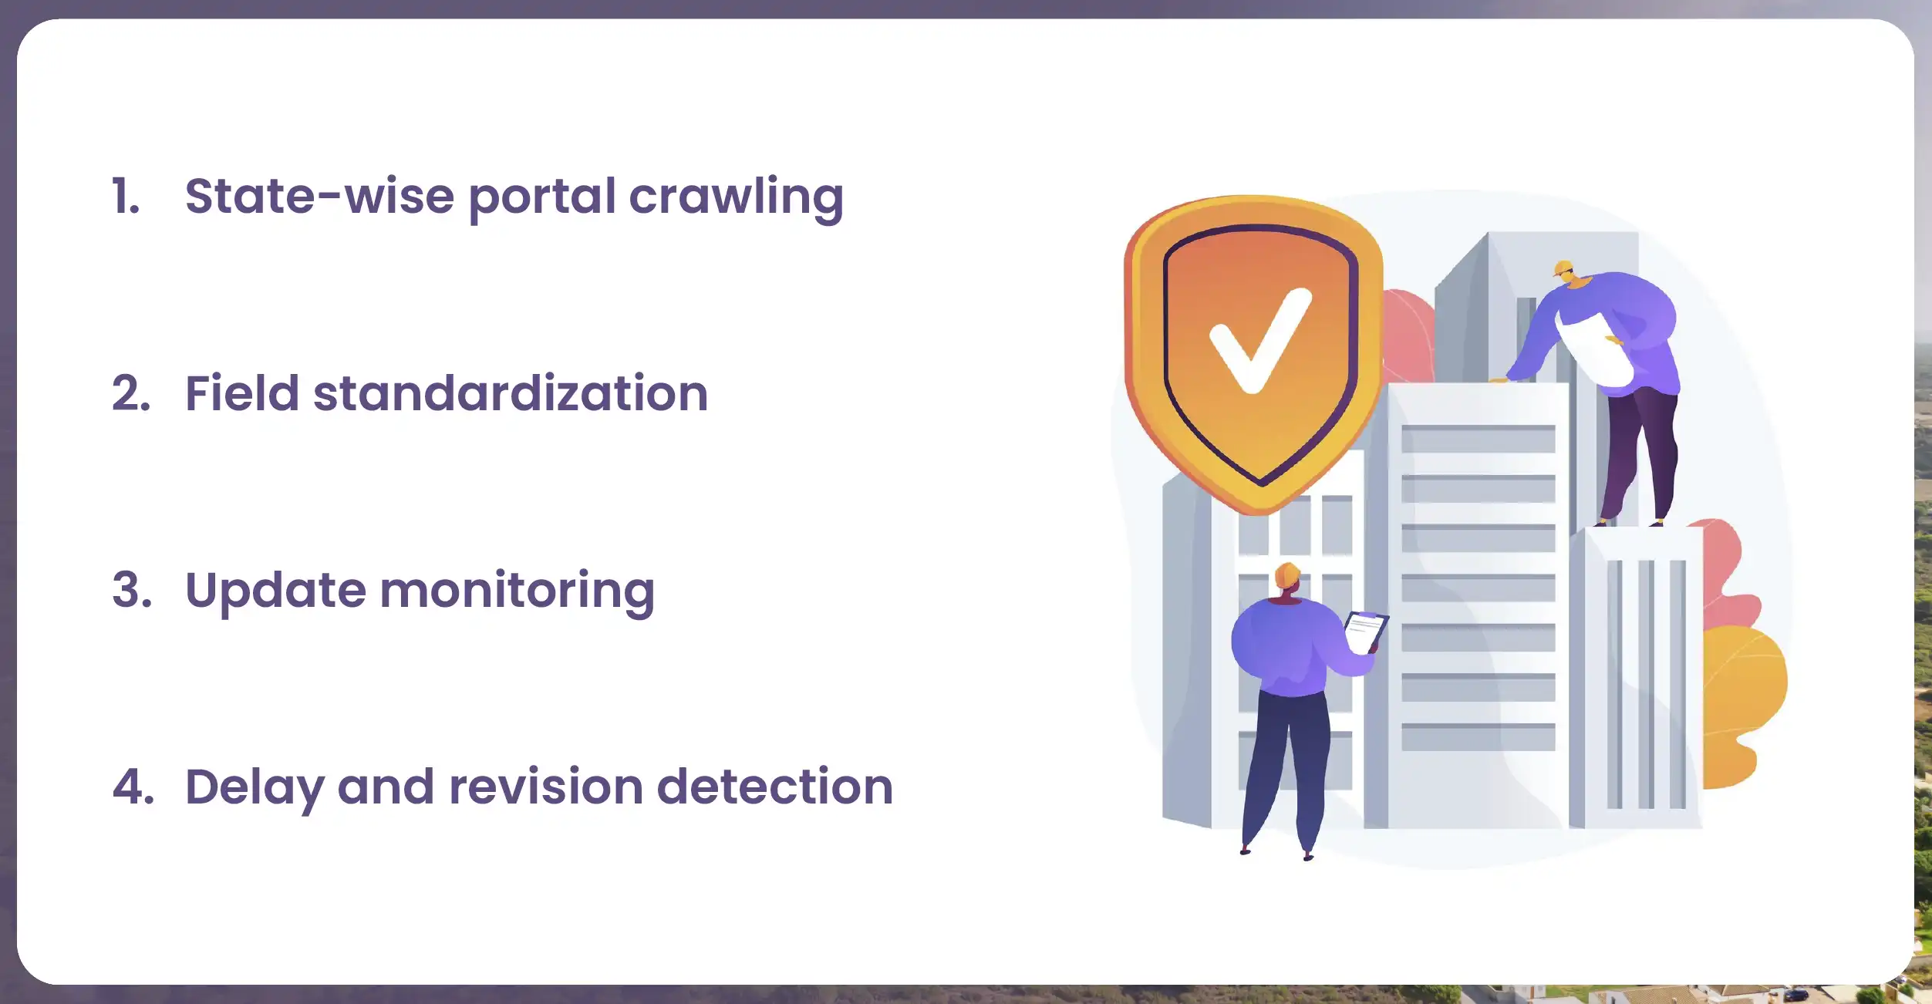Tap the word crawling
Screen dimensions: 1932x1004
click(736, 198)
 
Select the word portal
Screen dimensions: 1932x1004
click(542, 198)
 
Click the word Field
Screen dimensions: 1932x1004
click(241, 393)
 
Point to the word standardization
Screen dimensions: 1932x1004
click(511, 393)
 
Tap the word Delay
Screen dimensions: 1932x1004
click(255, 788)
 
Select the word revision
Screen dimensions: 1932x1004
click(546, 787)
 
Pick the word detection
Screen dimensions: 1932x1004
click(775, 787)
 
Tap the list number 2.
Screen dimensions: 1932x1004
click(131, 393)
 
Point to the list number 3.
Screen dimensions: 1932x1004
click(132, 590)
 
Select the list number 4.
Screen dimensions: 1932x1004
click(133, 787)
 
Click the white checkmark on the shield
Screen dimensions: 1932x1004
click(1259, 340)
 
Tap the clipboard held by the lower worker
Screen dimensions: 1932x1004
click(1366, 631)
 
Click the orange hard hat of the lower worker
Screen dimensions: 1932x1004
click(1287, 575)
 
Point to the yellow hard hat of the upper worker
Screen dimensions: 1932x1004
click(1563, 268)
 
